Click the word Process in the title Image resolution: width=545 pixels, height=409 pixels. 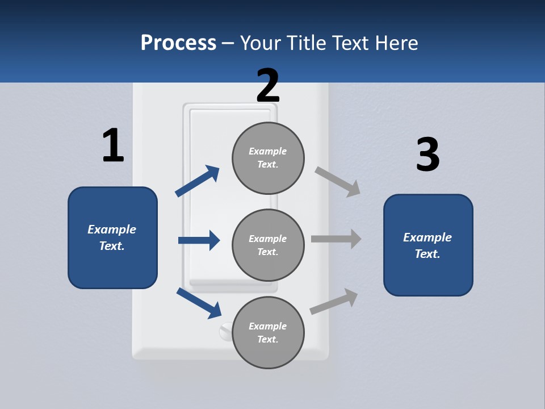178,43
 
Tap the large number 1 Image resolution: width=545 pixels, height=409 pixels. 113,145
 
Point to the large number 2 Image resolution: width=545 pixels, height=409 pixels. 268,85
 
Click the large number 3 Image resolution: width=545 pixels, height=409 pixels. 427,155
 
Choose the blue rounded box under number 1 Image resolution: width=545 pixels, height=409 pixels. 112,237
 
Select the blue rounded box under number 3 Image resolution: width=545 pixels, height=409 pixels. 428,245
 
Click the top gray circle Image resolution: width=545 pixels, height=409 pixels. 268,158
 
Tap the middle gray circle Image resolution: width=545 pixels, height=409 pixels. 268,245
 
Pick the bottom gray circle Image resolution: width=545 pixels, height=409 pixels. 268,332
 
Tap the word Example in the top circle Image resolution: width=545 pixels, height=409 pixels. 267,151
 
